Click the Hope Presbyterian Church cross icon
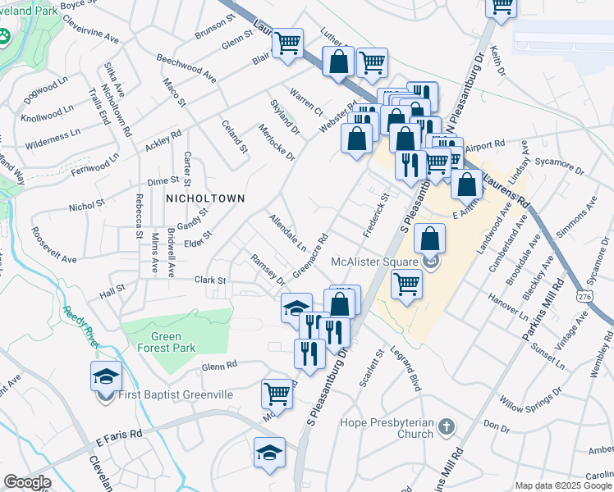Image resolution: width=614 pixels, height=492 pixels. pos(446,427)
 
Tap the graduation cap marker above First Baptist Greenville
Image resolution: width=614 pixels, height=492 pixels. pos(106,376)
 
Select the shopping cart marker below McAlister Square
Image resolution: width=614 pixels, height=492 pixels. pos(406,284)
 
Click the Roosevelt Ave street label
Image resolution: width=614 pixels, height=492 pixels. pos(53,245)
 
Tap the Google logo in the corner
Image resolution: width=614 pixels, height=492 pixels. pos(27,482)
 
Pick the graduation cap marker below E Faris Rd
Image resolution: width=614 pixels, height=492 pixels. pos(269,453)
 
